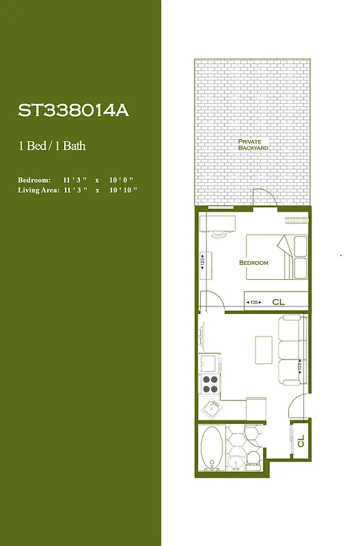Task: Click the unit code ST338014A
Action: point(73,111)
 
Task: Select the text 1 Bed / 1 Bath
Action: point(52,145)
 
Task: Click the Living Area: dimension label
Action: point(38,190)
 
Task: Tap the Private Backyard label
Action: point(253,145)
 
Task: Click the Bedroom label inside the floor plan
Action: point(253,263)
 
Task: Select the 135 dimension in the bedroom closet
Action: point(253,302)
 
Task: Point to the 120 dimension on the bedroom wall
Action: point(203,261)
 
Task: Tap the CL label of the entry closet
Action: point(300,442)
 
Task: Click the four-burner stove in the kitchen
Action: point(210,384)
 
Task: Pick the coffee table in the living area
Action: point(264,350)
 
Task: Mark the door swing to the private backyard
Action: point(265,197)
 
